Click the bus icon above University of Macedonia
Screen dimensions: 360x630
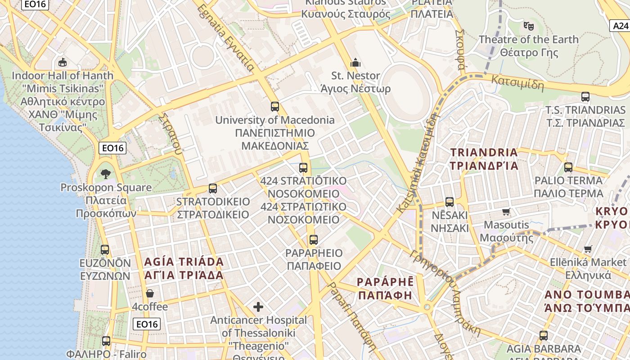tap(275, 107)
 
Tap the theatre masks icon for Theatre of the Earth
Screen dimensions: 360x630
tap(528, 26)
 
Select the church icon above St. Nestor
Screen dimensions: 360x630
tap(355, 63)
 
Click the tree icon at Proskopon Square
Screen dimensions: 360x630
tap(106, 174)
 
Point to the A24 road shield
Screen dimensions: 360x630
tap(620, 26)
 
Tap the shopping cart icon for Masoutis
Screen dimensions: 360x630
tap(506, 211)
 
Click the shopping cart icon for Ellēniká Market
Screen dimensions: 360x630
tap(588, 249)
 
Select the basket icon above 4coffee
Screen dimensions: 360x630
tap(150, 293)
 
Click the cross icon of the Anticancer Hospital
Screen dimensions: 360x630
tap(258, 307)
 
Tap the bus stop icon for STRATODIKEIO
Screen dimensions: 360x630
tap(213, 189)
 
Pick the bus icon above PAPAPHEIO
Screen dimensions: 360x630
tap(314, 240)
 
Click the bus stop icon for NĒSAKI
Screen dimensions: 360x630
tap(450, 202)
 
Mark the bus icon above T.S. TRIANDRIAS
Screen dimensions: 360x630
tap(585, 97)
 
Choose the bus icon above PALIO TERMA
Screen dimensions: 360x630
tap(568, 167)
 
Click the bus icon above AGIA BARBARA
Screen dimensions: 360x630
tap(544, 335)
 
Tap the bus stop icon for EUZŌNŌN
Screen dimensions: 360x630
tap(105, 250)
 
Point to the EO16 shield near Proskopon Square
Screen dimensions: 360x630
tap(112, 148)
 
